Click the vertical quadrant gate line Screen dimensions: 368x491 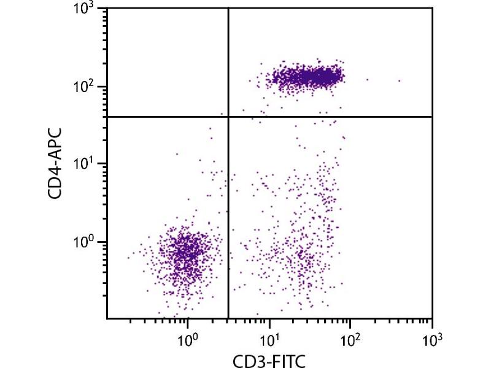[228, 184]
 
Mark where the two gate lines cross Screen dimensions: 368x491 [228, 117]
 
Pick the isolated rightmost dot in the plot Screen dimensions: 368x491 [399, 80]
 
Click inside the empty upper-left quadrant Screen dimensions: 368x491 [166, 61]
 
